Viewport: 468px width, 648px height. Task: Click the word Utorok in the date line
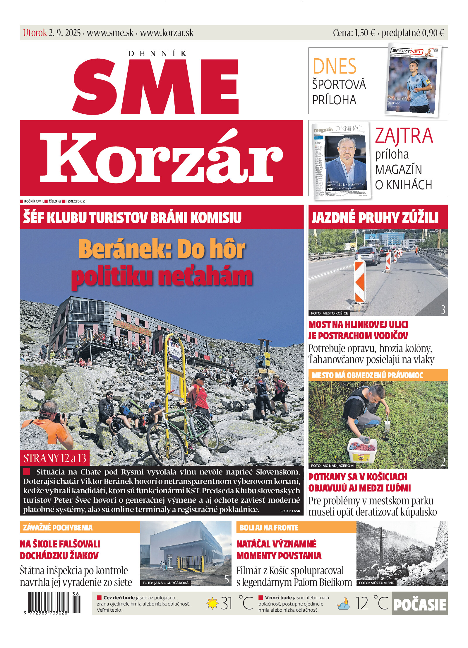[35, 33]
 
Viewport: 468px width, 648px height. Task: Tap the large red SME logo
[155, 86]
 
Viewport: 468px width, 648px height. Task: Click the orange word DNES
[335, 66]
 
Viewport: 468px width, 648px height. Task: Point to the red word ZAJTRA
[404, 136]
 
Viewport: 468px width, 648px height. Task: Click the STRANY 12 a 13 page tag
[55, 458]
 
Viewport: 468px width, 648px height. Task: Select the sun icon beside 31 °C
[212, 603]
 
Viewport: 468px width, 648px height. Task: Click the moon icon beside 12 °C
[343, 604]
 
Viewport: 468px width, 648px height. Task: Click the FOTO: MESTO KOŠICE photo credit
[329, 313]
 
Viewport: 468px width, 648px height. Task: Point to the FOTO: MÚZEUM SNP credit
[376, 583]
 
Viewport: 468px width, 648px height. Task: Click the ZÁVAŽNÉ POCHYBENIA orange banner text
[58, 528]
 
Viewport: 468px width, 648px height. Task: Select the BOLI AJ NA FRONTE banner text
[269, 528]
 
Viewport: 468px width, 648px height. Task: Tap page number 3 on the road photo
[443, 309]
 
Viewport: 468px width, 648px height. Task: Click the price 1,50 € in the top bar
[365, 33]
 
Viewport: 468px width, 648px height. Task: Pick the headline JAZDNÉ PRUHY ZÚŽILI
[375, 217]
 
